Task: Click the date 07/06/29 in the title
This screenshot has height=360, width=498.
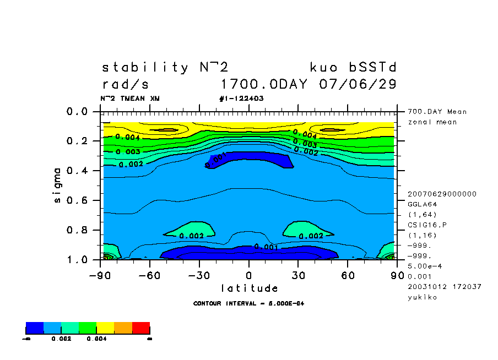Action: click(x=358, y=85)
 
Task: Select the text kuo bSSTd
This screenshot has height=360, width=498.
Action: click(x=353, y=68)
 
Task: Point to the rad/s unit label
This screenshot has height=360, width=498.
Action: click(x=126, y=85)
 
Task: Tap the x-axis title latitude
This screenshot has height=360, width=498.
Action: click(x=249, y=288)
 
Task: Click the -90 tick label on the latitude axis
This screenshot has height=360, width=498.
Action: click(x=101, y=275)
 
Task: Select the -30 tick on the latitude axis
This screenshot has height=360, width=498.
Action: click(x=199, y=275)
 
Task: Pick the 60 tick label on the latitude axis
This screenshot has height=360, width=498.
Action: click(x=347, y=275)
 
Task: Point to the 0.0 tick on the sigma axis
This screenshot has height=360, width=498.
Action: click(x=77, y=112)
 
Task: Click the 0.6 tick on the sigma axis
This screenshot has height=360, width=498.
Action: click(x=77, y=200)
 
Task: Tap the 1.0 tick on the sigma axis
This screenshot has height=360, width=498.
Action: click(x=77, y=259)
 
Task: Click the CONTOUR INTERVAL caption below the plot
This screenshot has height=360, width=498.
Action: click(x=249, y=303)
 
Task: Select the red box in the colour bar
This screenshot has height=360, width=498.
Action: click(x=141, y=328)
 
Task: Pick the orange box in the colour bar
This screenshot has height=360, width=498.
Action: click(x=123, y=328)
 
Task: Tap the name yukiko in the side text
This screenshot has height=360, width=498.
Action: click(x=421, y=297)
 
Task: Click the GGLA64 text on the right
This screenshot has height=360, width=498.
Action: click(x=421, y=204)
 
